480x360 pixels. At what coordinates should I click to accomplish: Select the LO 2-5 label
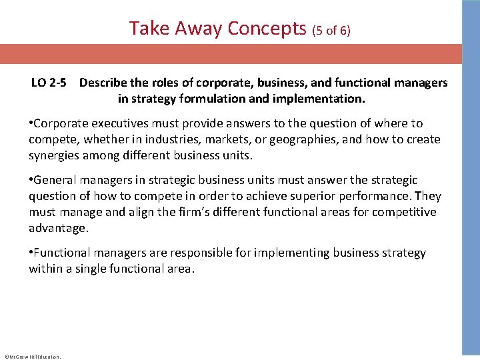click(48, 83)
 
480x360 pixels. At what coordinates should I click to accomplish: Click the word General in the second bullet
click(55, 180)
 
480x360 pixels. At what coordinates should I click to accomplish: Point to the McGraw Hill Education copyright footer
click(32, 357)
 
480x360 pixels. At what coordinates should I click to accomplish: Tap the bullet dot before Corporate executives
click(31, 123)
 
